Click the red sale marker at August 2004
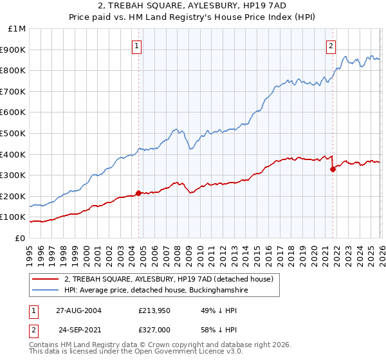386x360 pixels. [x=138, y=193]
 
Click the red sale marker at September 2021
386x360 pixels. [x=333, y=169]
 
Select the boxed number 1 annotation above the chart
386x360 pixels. [x=138, y=46]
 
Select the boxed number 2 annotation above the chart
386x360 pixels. [x=331, y=46]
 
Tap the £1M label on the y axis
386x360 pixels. [x=17, y=28]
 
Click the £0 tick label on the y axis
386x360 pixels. [x=20, y=238]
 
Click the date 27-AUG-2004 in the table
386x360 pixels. [x=78, y=310]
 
